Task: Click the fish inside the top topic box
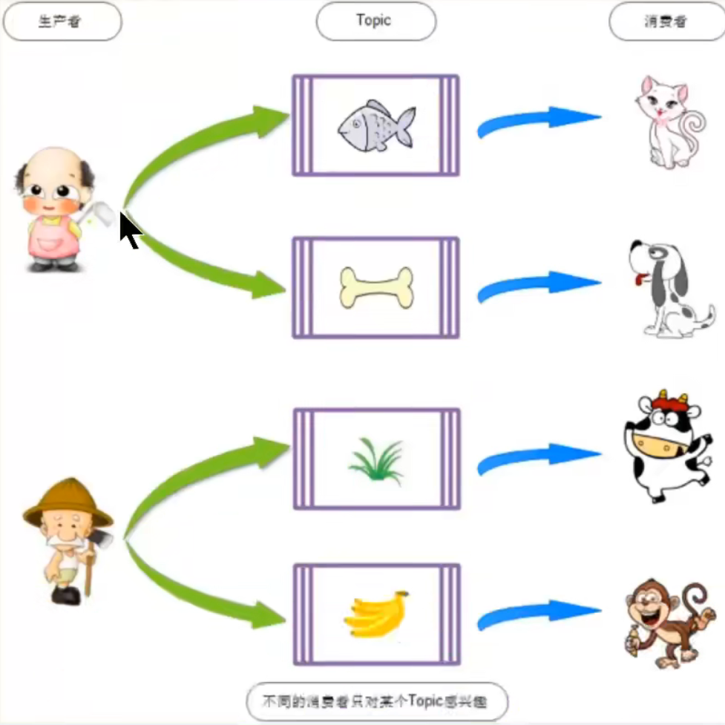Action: tap(375, 125)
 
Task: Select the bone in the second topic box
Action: tap(375, 287)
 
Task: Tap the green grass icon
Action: tap(377, 461)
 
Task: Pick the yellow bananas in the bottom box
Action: tap(377, 614)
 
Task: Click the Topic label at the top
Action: tap(375, 21)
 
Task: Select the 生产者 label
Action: tap(62, 21)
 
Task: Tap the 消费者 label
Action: tap(666, 22)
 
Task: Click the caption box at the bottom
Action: tap(377, 701)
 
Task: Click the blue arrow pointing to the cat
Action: tap(538, 121)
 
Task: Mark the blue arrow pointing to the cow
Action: tap(538, 459)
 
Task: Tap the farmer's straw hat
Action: tap(66, 501)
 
